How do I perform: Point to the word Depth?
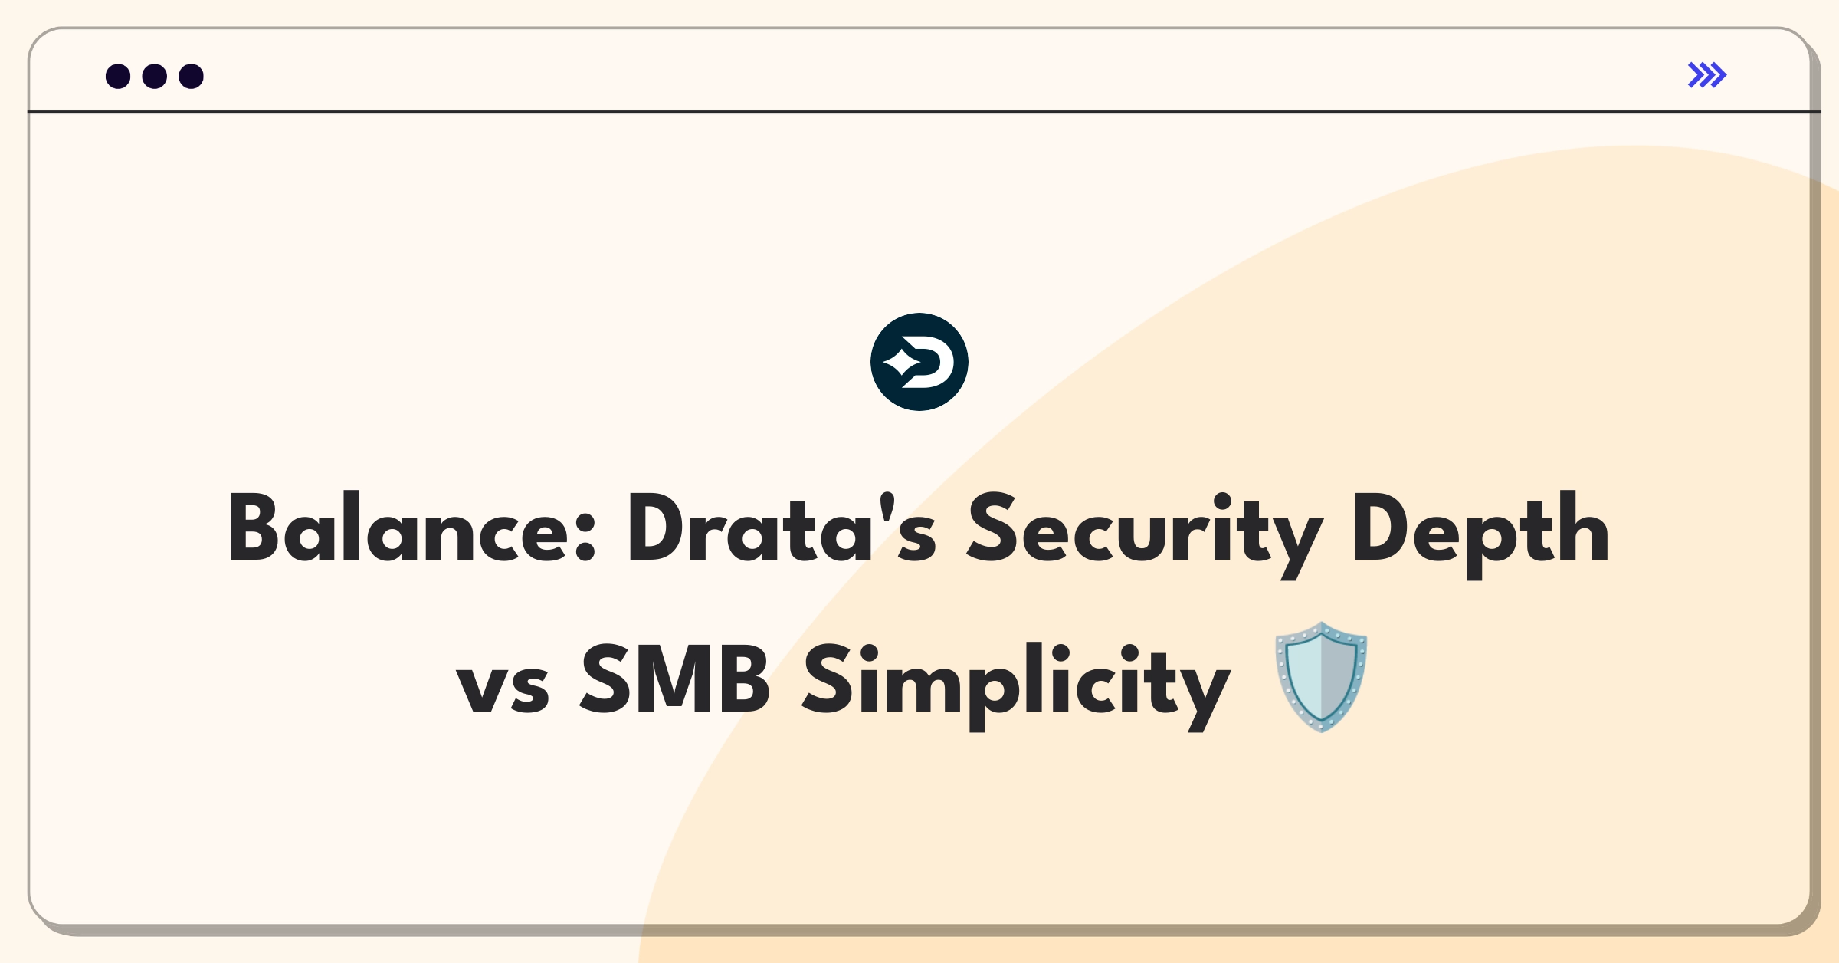[x=1481, y=534]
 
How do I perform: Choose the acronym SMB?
[x=674, y=678]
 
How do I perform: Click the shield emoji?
[x=1321, y=677]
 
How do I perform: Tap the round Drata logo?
[x=919, y=362]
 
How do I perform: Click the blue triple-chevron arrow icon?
[x=1707, y=75]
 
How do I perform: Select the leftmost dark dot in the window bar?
[x=118, y=77]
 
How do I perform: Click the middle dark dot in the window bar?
[x=155, y=77]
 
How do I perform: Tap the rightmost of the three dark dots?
[x=192, y=77]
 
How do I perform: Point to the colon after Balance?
[x=585, y=536]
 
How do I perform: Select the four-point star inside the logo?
[x=902, y=361]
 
